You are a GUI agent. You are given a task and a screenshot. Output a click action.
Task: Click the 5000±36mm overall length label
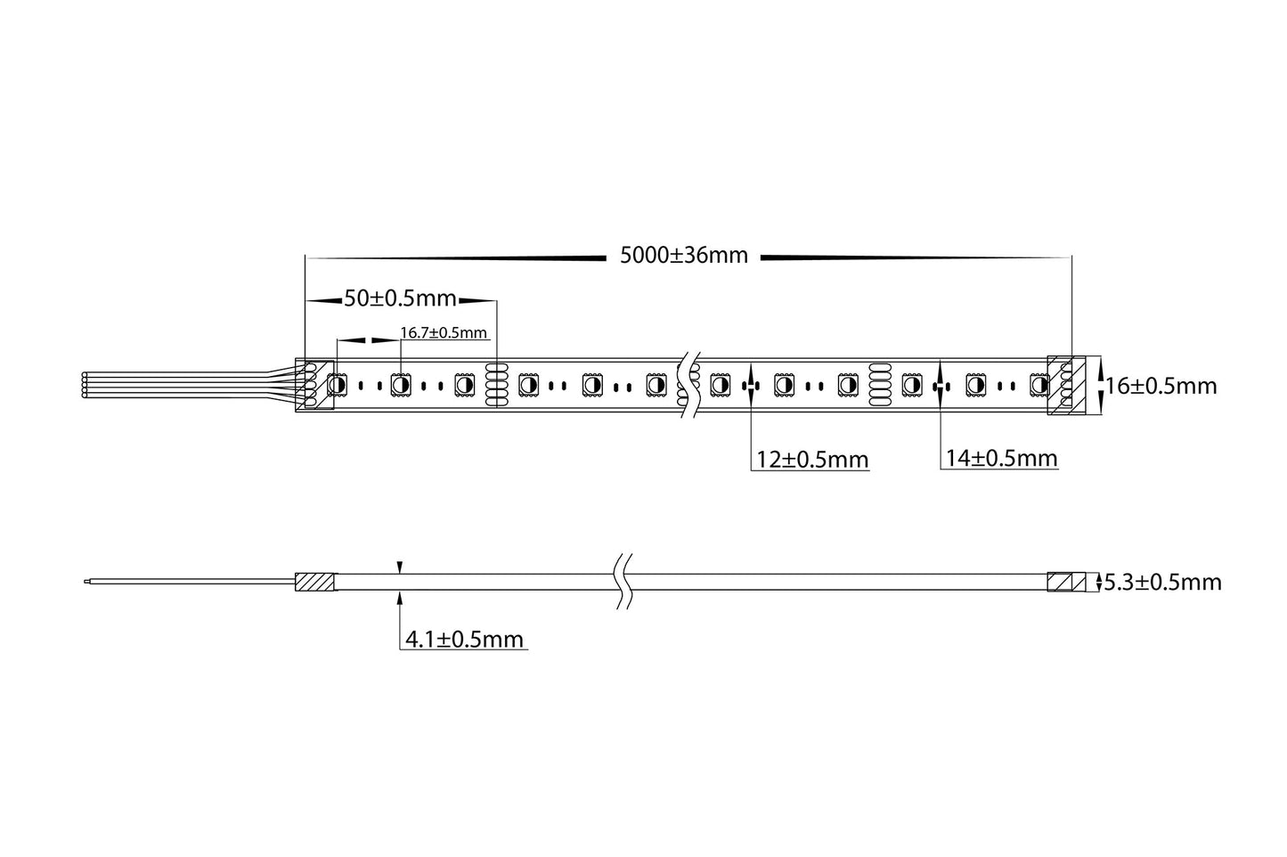point(683,257)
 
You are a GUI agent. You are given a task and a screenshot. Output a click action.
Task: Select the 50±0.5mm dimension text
point(400,298)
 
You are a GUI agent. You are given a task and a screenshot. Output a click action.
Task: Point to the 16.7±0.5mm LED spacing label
point(444,332)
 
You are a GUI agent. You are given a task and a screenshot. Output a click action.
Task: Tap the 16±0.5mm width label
point(1161,386)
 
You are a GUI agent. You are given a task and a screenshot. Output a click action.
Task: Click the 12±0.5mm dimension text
point(811,460)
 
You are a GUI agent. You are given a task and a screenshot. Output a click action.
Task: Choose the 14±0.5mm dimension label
point(1001,459)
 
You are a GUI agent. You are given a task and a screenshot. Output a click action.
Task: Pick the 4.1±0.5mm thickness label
point(464,639)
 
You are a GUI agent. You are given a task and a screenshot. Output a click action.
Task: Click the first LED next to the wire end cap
point(338,385)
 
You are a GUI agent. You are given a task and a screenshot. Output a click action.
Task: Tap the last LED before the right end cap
point(1038,385)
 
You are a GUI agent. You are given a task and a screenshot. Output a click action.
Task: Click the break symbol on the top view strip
point(687,385)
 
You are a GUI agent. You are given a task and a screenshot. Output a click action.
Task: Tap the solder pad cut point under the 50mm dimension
point(496,385)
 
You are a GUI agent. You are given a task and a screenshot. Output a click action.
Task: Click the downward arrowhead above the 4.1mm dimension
point(400,567)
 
